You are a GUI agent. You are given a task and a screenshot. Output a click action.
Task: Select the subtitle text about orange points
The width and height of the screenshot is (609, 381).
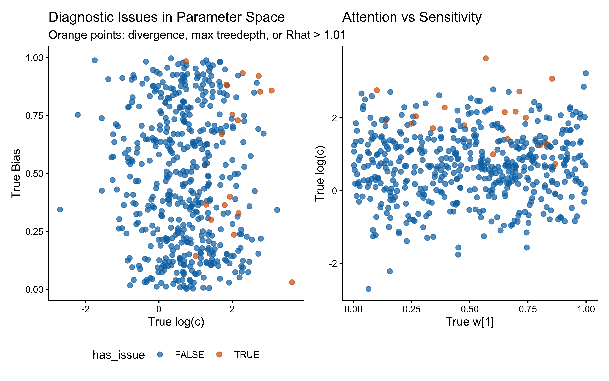click(197, 35)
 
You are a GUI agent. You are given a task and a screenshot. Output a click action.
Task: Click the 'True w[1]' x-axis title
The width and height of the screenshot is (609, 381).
click(470, 322)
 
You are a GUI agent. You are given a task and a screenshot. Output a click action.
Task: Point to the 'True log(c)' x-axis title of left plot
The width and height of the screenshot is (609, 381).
click(176, 322)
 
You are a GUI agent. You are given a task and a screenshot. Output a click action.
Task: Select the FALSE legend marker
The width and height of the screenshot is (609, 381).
click(160, 355)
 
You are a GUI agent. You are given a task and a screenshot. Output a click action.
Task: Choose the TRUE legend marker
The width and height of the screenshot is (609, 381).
click(219, 355)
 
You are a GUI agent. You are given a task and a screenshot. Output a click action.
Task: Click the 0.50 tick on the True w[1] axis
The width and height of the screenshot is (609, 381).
click(470, 309)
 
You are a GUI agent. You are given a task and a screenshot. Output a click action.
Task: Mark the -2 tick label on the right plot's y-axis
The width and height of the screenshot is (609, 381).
click(332, 264)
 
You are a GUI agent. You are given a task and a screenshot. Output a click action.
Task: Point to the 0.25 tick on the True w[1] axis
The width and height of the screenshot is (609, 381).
click(411, 309)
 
